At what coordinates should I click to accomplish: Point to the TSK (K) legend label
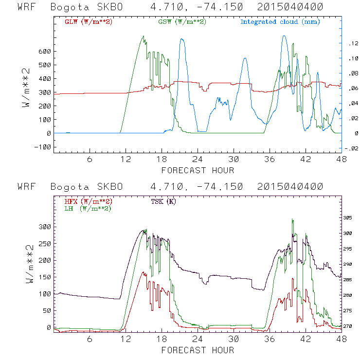click(163, 201)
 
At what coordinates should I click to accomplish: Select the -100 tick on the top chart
click(43, 147)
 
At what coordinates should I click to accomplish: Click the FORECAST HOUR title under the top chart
click(198, 170)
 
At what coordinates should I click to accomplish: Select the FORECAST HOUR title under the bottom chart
click(198, 350)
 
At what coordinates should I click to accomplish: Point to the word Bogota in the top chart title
click(65, 7)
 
